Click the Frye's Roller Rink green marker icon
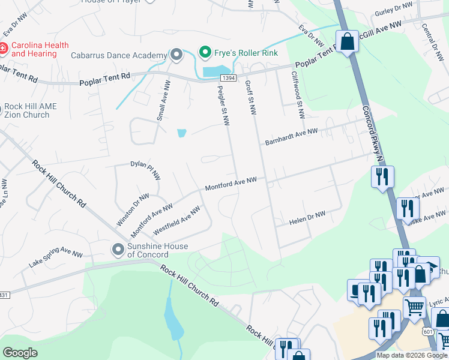pos(205,52)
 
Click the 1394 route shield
pos(228,79)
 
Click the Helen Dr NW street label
pos(307,217)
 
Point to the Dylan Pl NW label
pos(146,170)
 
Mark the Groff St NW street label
pos(250,98)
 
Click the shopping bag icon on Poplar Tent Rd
pos(347,42)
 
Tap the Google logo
pos(20,353)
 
